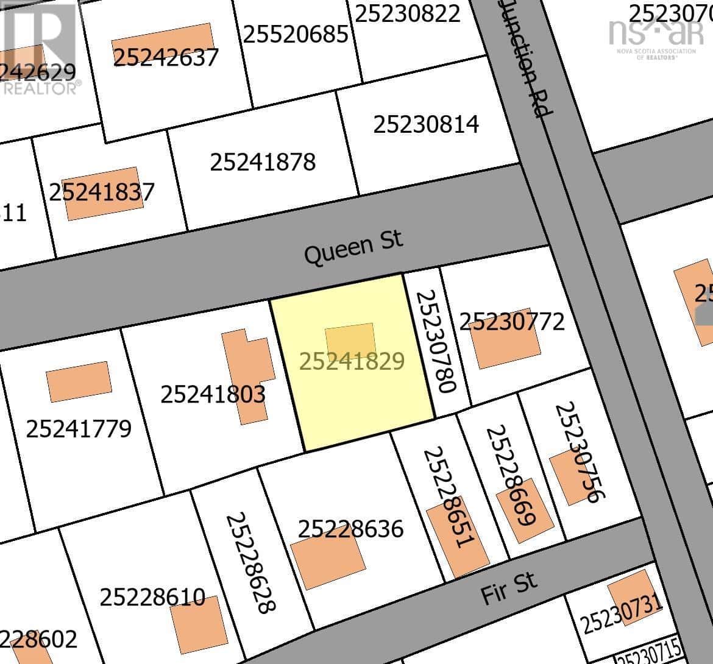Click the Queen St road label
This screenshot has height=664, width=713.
353,247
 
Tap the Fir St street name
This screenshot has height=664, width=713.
509,587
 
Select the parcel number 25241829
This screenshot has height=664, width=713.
352,361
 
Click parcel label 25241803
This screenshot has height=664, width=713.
213,394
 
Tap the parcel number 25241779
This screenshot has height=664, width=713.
79,429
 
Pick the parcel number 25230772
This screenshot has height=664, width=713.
512,321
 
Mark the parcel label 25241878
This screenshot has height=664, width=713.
263,162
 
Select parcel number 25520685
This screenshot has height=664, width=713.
296,34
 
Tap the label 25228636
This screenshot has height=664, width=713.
350,529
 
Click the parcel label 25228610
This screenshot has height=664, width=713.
152,597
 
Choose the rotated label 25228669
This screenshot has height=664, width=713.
510,475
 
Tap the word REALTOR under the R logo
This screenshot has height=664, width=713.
40,89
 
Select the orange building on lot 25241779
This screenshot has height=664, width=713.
79,381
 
